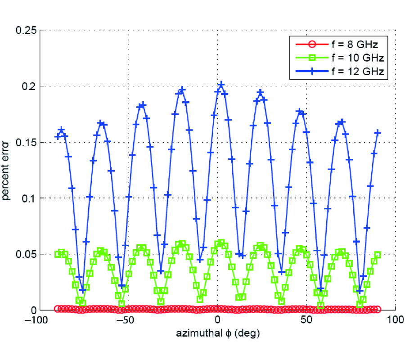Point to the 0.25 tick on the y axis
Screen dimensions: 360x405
coord(27,30)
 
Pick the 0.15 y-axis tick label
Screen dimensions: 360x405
coord(27,142)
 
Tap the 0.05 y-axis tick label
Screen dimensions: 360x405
coord(27,254)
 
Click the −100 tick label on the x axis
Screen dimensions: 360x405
coord(40,319)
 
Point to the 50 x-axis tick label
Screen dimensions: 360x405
coord(306,319)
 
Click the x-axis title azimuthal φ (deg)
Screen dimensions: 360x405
coord(217,333)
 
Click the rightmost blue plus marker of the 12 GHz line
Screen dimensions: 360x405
coord(378,132)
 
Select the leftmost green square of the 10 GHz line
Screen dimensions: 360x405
coord(58,254)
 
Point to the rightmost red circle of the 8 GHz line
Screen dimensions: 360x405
coord(378,309)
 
